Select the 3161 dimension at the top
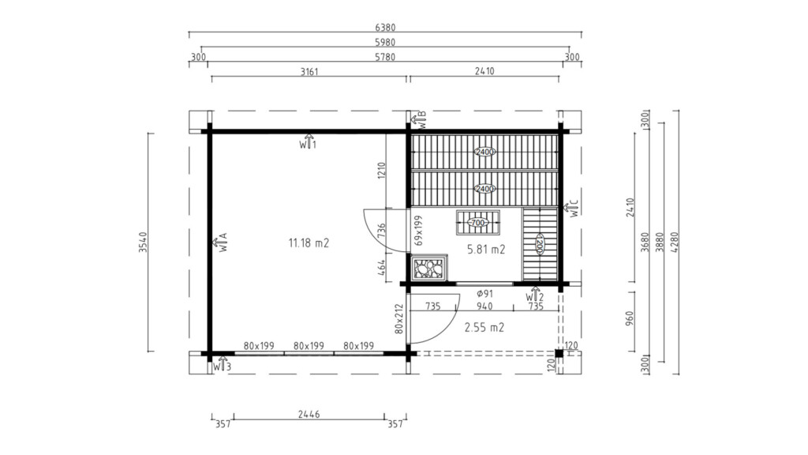tap(309, 71)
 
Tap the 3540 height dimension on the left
tap(143, 243)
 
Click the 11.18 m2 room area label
tap(309, 243)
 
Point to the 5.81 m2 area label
tap(485, 249)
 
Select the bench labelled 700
tap(477, 224)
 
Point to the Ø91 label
tap(484, 294)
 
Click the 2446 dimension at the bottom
tap(309, 412)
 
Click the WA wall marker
tap(223, 243)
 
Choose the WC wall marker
tap(574, 209)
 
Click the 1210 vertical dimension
tap(380, 170)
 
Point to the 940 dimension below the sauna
tap(484, 306)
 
